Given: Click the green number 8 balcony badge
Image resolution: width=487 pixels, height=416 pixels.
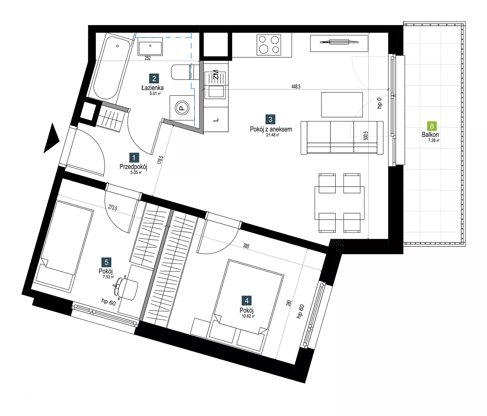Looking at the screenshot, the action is tap(432, 126).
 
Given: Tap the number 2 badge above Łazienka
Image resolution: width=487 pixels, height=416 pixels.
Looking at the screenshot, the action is tap(154, 79).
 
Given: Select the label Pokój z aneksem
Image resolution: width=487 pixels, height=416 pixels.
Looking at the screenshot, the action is tap(271, 129).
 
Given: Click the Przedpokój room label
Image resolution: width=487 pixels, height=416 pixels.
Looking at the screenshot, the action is tap(133, 167).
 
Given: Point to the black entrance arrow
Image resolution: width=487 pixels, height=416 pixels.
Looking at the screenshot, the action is tap(51, 138).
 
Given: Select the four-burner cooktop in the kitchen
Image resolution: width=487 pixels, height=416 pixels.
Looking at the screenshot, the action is tap(269, 45).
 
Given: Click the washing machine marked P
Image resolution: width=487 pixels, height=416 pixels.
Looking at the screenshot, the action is tap(182, 108).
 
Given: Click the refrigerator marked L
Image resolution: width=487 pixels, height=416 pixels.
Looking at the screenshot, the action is tap(216, 119).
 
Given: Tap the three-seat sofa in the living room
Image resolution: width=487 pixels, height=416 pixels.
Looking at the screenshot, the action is tap(342, 138).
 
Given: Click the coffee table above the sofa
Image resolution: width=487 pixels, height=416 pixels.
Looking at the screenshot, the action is tap(342, 105).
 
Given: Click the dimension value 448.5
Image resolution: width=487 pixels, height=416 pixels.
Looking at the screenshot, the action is tap(296, 87).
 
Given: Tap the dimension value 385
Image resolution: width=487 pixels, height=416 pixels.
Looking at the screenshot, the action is tap(246, 246).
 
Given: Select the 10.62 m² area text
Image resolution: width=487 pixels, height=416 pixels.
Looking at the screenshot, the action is tap(248, 316).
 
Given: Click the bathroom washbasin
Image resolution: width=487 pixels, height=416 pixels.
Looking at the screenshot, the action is tap(150, 47).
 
